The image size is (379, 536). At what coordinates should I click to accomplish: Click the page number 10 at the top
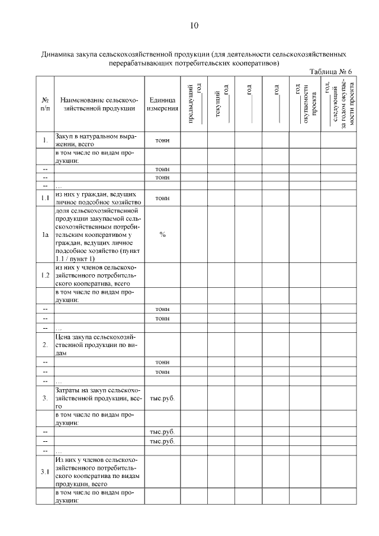pyautogui.click(x=194, y=25)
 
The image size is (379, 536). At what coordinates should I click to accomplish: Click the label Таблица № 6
pyautogui.click(x=330, y=72)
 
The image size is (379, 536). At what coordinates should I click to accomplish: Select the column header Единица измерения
pyautogui.click(x=162, y=104)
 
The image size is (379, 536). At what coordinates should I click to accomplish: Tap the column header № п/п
pyautogui.click(x=45, y=104)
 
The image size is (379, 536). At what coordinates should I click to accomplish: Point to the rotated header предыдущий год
pyautogui.click(x=194, y=104)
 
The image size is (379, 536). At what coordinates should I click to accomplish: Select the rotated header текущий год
pyautogui.click(x=221, y=104)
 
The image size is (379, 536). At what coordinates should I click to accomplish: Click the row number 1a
pyautogui.click(x=45, y=235)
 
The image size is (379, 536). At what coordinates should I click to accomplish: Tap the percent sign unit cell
pyautogui.click(x=162, y=235)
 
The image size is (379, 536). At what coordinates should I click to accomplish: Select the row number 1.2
pyautogui.click(x=45, y=275)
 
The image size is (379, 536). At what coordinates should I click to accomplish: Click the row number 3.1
pyautogui.click(x=45, y=472)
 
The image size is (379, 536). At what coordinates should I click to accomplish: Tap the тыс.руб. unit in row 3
pyautogui.click(x=162, y=398)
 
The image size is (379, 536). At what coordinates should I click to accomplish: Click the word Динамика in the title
pyautogui.click(x=58, y=54)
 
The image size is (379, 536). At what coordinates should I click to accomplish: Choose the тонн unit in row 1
pyautogui.click(x=162, y=140)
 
